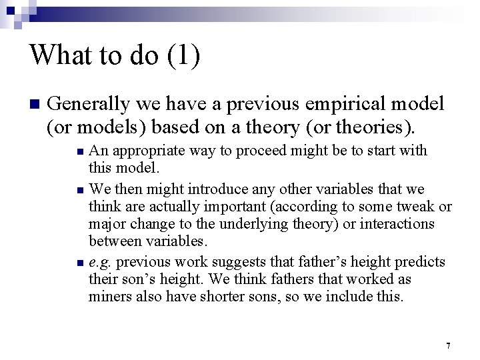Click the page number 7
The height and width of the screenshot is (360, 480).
click(448, 345)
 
